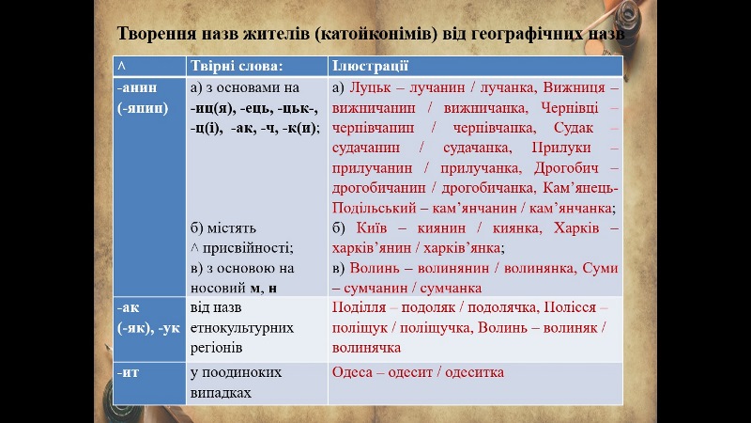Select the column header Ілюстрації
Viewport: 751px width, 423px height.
click(369, 67)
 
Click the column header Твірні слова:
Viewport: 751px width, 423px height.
click(236, 67)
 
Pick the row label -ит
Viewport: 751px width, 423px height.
click(129, 372)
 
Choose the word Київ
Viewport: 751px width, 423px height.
click(373, 228)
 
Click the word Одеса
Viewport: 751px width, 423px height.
click(353, 372)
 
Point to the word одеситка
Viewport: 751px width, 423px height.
click(472, 372)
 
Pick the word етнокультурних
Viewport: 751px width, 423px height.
click(241, 328)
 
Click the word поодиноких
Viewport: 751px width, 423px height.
click(241, 372)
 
